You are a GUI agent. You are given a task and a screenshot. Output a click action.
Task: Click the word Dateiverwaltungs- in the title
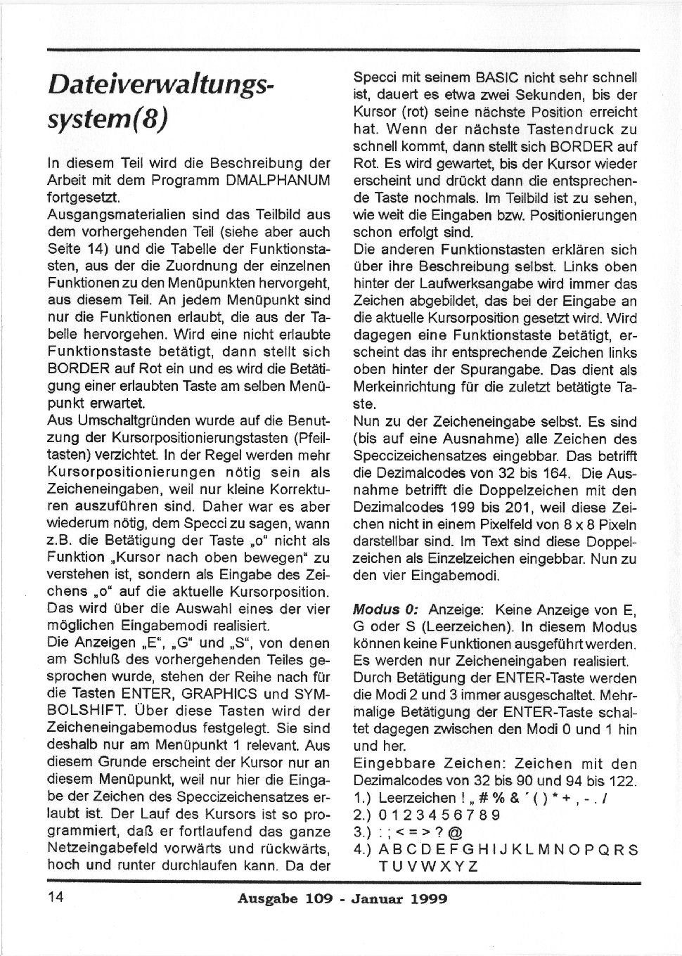160,86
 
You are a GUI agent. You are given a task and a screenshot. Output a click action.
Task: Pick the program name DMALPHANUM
278,181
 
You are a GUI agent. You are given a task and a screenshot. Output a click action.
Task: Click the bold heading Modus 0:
385,609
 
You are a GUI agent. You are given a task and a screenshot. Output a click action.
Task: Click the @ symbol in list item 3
455,832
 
